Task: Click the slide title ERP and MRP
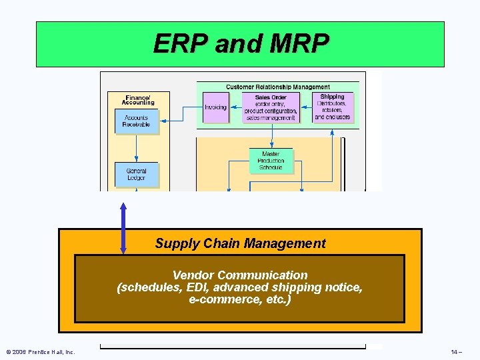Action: [x=241, y=44]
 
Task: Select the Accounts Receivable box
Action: [x=137, y=121]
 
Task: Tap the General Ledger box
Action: [x=137, y=175]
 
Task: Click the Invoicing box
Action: [x=215, y=107]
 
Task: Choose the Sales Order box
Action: [x=271, y=107]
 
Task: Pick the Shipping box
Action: [x=333, y=107]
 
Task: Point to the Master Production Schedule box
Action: [x=271, y=161]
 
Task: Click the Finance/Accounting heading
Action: [x=138, y=99]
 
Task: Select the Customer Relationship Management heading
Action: [x=277, y=87]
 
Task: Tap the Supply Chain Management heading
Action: [x=240, y=243]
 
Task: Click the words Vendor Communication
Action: [x=240, y=275]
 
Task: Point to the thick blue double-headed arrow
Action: [x=123, y=228]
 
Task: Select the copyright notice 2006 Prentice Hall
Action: [x=40, y=351]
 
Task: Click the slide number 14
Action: [x=455, y=351]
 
